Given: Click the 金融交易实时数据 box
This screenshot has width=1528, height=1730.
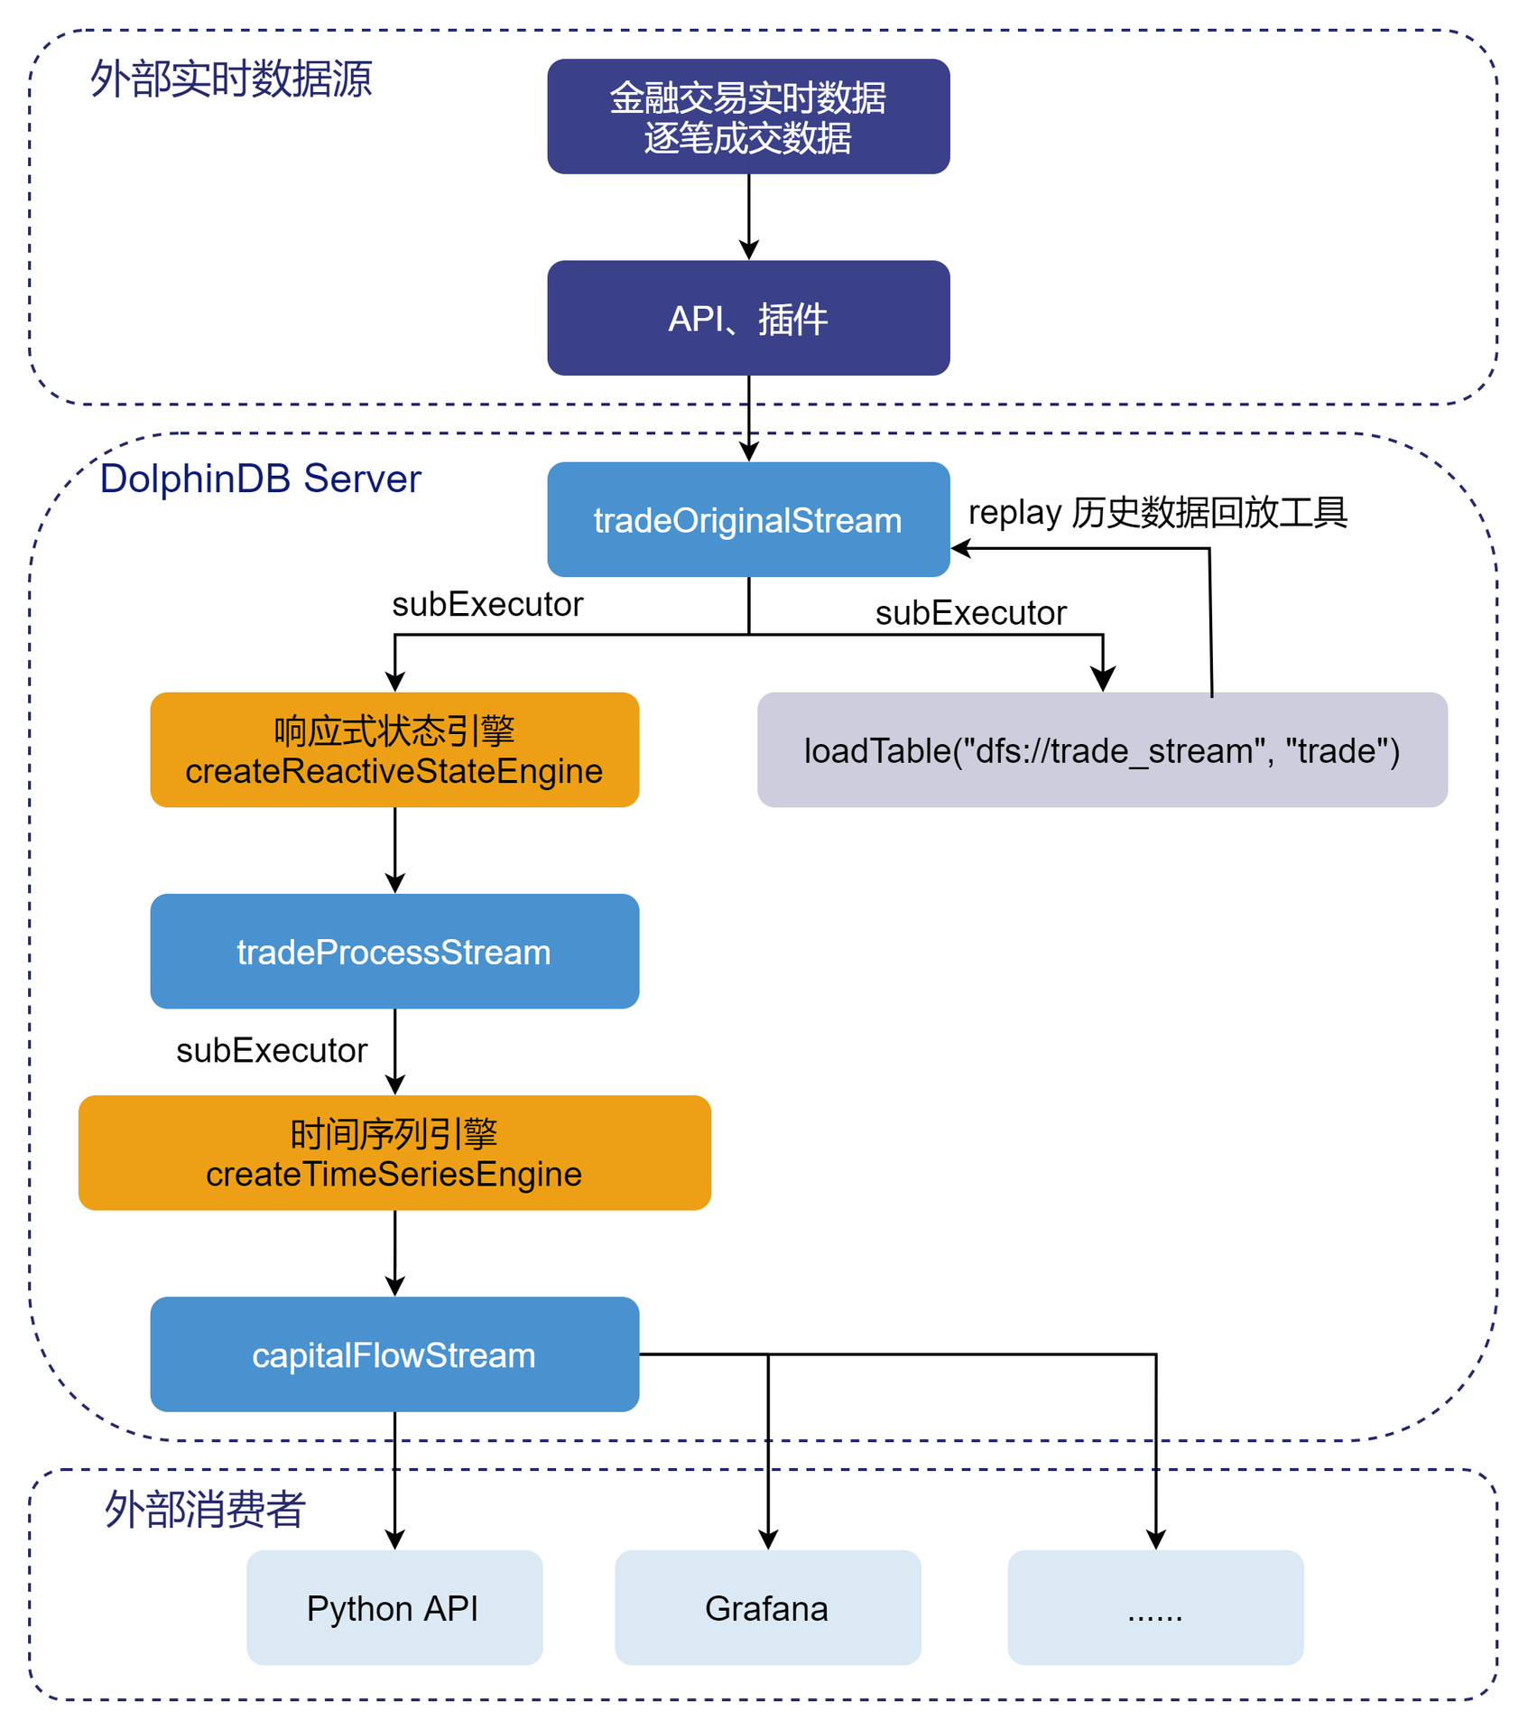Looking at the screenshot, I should (x=748, y=116).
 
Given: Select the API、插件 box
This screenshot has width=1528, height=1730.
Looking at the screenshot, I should (x=748, y=318).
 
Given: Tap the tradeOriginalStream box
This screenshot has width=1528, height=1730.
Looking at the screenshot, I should (x=748, y=519).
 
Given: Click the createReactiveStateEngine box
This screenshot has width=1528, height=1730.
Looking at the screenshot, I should (x=394, y=749).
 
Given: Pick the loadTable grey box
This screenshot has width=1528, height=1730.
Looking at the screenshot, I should (x=1102, y=749).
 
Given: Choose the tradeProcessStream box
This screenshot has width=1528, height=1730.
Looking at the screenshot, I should (x=394, y=951).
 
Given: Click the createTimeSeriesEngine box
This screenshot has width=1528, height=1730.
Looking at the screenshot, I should (x=394, y=1152).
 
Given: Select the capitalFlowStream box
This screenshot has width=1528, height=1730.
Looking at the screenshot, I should (x=394, y=1353).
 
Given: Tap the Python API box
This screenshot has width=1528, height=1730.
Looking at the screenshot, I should (x=394, y=1607).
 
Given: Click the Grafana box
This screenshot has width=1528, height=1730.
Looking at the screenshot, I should (x=767, y=1607).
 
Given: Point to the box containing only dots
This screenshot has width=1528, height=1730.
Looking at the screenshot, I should (x=1155, y=1607).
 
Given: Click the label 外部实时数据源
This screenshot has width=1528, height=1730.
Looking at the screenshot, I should (x=231, y=79).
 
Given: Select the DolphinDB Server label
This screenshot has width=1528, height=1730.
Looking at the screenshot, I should (x=260, y=479).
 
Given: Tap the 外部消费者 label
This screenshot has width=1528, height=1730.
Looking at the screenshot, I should (x=205, y=1509).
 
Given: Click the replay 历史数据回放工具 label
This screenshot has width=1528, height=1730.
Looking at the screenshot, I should (x=1157, y=512).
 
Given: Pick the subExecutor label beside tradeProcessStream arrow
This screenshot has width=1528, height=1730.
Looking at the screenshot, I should (x=272, y=1050).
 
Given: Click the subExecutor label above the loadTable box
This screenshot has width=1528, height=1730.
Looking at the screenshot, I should (x=970, y=613).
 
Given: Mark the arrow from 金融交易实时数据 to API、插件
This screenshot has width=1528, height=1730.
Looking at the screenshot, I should (x=748, y=217).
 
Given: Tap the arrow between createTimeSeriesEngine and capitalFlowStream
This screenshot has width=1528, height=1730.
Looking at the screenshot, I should (x=394, y=1252).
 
